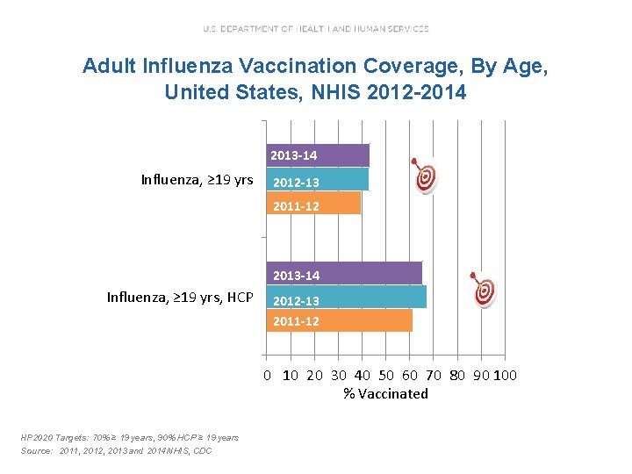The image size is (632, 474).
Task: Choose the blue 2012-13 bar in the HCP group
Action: pyautogui.click(x=346, y=298)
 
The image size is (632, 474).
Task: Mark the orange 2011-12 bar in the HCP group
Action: pyautogui.click(x=339, y=320)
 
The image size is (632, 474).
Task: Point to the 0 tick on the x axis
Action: pyautogui.click(x=269, y=376)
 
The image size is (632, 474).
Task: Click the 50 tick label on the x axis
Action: pyautogui.click(x=386, y=376)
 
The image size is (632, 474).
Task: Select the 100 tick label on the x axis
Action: pyautogui.click(x=506, y=376)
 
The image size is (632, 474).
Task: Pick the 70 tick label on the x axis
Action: pyautogui.click(x=434, y=376)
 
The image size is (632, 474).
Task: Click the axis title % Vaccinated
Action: pyautogui.click(x=386, y=393)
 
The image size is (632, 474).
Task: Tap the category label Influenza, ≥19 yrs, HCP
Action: pyautogui.click(x=179, y=298)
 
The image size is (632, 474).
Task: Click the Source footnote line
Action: pyautogui.click(x=117, y=450)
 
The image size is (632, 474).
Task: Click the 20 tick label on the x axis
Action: pyautogui.click(x=314, y=376)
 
